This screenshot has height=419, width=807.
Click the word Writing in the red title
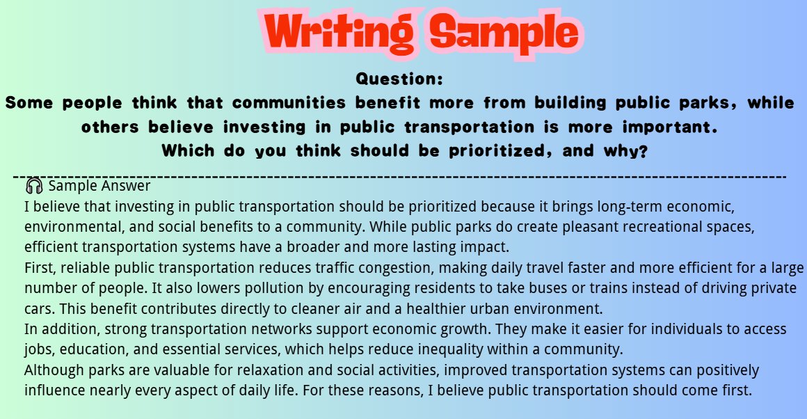pos(337,32)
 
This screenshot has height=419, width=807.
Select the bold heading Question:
pos(399,79)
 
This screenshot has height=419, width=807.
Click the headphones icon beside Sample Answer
pos(33,187)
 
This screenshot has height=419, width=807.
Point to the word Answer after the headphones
pos(125,187)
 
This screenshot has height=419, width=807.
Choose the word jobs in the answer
pos(37,349)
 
